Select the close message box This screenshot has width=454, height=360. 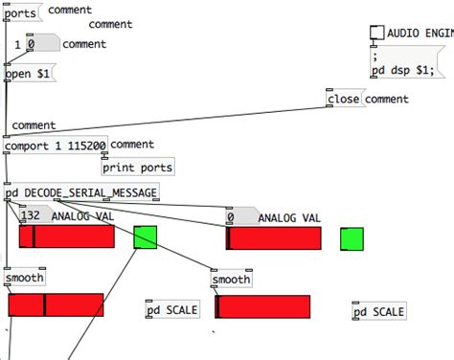coord(344,99)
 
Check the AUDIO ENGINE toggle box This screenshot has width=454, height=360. coord(376,33)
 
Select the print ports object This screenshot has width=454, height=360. coord(138,168)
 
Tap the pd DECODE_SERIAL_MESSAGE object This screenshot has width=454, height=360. coord(81,192)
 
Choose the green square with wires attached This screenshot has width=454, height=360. coord(145,237)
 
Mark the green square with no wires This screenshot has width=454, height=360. coord(352,238)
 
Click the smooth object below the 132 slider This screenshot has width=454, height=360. coord(24,279)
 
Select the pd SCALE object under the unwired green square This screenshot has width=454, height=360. coord(378,312)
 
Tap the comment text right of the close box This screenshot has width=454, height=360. coord(386,99)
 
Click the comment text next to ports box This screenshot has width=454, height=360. coord(70,11)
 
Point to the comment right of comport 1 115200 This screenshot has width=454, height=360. coord(132,145)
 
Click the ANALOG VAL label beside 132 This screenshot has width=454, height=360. coord(82,216)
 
